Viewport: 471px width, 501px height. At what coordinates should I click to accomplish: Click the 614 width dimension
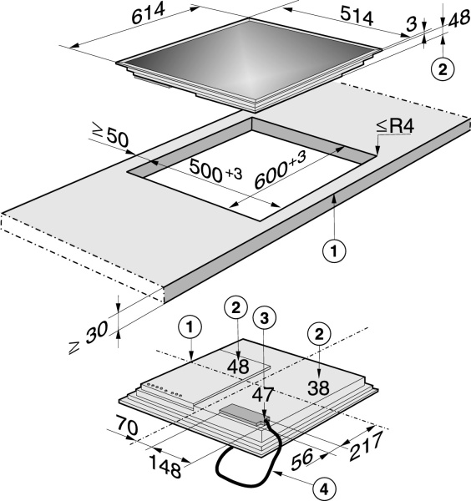tap(149, 13)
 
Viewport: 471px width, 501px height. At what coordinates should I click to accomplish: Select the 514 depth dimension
tap(357, 17)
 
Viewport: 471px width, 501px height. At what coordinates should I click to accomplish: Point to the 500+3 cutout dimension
tap(215, 170)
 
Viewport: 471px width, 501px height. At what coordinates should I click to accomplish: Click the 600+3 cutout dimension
tap(281, 170)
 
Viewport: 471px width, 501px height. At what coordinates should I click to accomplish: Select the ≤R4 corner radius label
tap(395, 127)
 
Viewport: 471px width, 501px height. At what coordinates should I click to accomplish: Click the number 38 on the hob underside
tap(318, 388)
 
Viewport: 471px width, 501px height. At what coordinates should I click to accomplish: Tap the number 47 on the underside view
tap(263, 395)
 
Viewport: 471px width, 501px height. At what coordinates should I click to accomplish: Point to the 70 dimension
tap(127, 425)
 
